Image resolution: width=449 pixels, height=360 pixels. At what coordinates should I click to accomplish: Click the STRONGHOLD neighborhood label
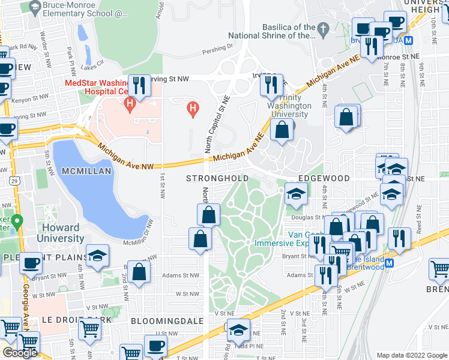pos(217,179)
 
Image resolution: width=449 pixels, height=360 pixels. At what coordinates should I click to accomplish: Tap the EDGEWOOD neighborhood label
pos(324,179)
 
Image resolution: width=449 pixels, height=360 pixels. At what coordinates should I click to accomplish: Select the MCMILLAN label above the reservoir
pos(86,172)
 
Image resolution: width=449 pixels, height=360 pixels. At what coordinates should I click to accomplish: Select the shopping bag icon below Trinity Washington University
pos(282,128)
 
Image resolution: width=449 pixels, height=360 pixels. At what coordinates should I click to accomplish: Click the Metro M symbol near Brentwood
pos(389,263)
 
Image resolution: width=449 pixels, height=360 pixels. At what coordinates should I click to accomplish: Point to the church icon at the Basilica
pos(323,28)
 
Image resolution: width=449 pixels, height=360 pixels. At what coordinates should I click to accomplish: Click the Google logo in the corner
pos(19,353)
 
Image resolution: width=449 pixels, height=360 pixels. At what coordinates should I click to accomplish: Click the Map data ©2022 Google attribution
pos(411,355)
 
